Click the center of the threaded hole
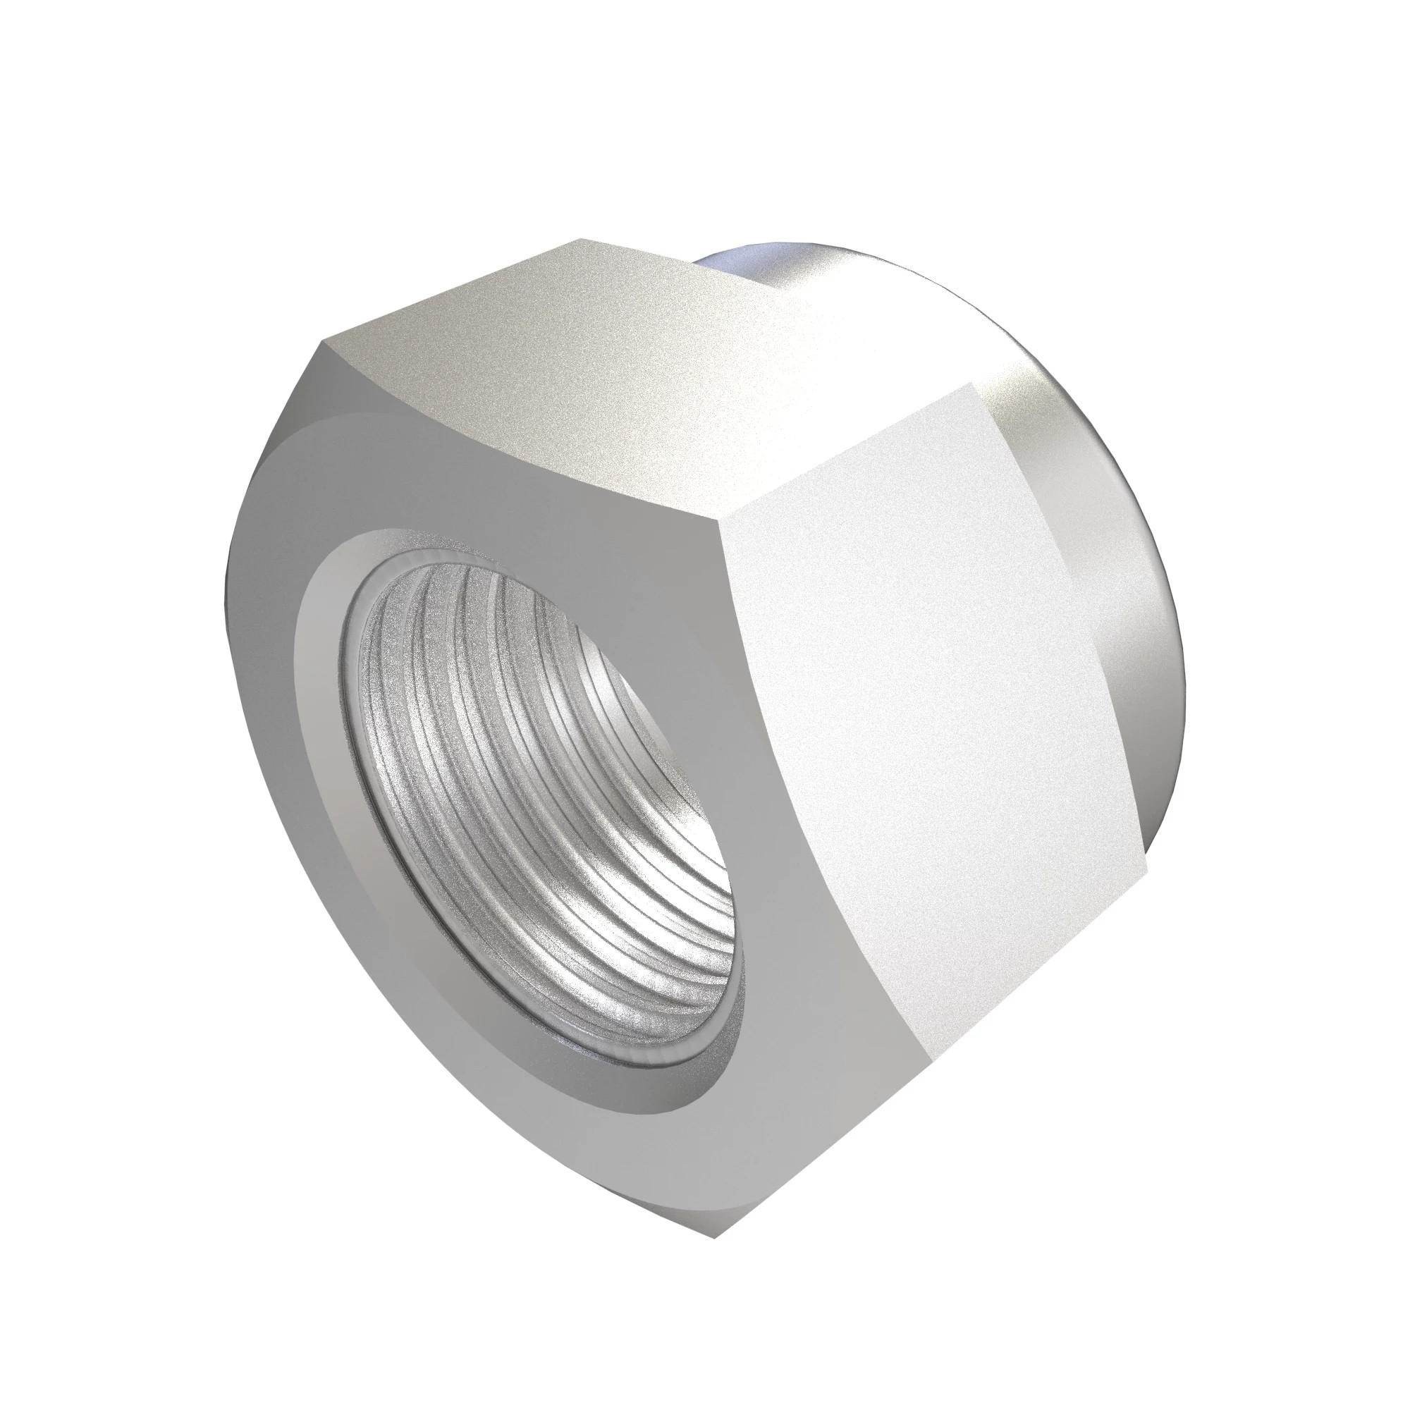540,795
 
